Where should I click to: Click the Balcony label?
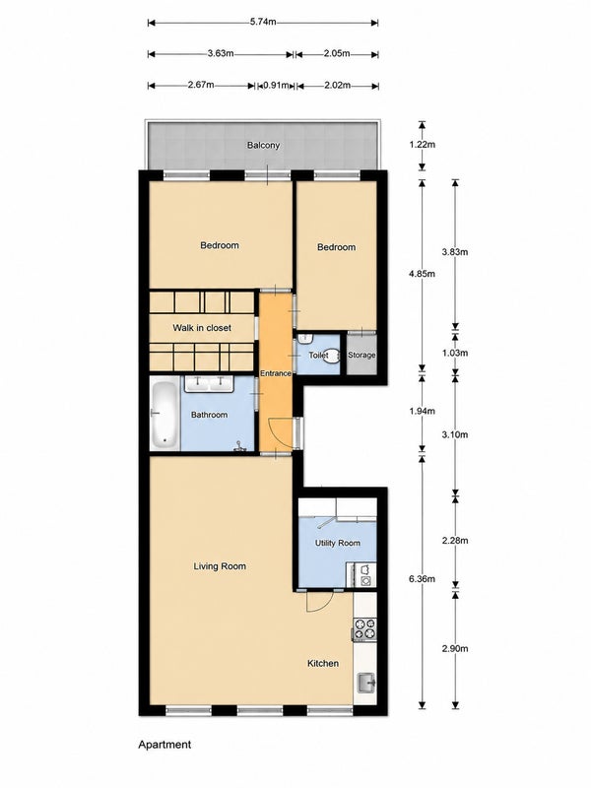pos(263,145)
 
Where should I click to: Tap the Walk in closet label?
pos(202,328)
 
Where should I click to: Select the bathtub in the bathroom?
pos(164,415)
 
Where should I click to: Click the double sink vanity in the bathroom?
pos(209,383)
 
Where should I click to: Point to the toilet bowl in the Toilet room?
pos(332,355)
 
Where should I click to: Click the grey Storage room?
pos(361,355)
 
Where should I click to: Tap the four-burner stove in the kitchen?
pos(364,628)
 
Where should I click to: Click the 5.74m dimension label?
pos(263,22)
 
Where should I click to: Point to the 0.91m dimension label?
pos(276,86)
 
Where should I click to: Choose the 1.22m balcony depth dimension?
pos(423,145)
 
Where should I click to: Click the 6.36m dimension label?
pos(423,578)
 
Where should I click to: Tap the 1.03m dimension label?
pos(455,353)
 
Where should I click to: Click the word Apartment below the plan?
pos(164,745)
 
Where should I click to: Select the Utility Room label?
pos(337,543)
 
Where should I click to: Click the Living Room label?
pos(220,566)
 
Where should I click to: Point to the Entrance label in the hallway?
pos(276,373)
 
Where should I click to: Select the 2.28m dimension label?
pos(455,541)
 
